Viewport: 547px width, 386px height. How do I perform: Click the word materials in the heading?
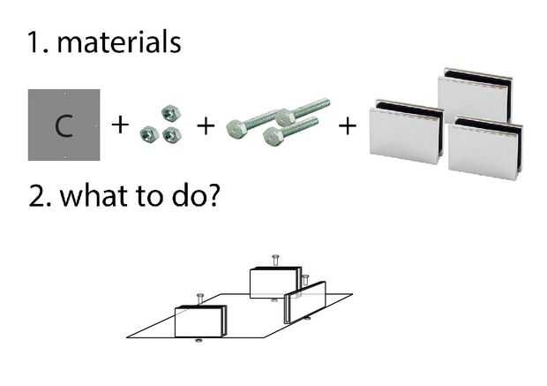(119, 42)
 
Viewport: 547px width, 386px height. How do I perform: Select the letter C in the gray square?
(64, 125)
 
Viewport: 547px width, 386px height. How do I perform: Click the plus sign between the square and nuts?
(120, 125)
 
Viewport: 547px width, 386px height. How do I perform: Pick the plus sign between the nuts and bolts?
(205, 125)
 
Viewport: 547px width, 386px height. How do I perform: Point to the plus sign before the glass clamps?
(348, 125)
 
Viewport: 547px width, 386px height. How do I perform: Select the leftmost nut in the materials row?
(148, 134)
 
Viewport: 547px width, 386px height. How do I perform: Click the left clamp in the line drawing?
(202, 322)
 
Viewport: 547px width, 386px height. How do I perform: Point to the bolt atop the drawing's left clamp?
(200, 298)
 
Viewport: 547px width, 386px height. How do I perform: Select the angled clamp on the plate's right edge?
(305, 302)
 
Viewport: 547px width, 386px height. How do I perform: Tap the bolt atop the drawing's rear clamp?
(276, 260)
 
